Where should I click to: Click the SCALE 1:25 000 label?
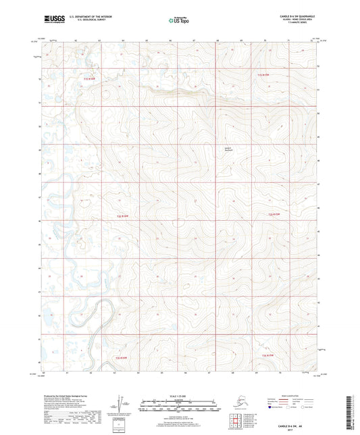pyautogui.click(x=179, y=396)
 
